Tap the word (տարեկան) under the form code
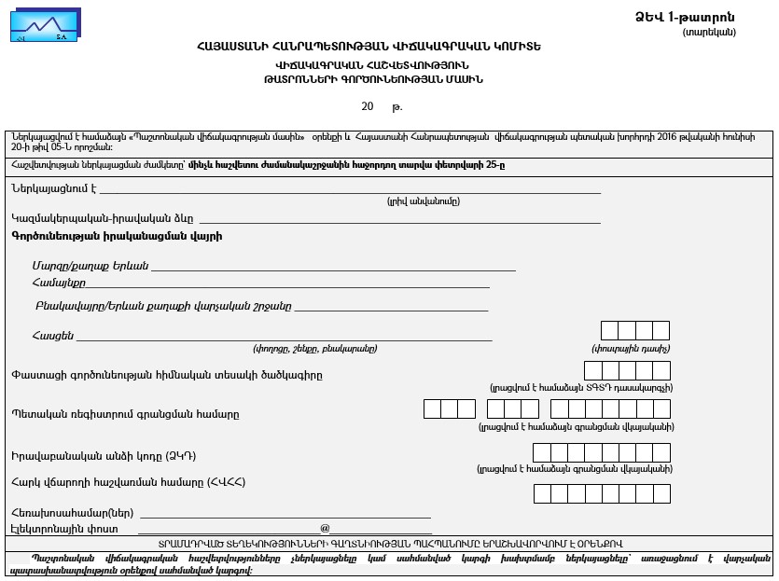709,32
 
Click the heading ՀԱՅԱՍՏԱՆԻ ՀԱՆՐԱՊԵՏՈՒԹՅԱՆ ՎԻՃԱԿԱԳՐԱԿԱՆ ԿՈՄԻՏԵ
369,47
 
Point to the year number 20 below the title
368,106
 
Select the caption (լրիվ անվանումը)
423,201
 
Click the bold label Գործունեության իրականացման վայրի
117,236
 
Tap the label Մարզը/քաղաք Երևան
90,266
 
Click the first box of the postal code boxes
610,331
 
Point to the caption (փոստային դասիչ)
630,349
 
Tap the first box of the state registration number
432,408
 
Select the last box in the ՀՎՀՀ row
661,493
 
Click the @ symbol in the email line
325,528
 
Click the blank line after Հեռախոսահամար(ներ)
285,513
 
